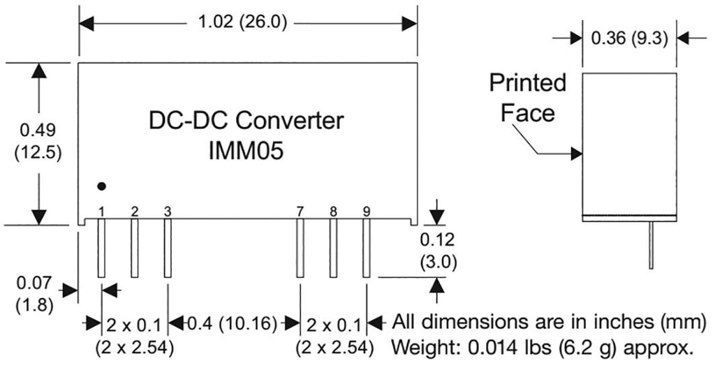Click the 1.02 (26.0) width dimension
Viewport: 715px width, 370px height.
coord(244,22)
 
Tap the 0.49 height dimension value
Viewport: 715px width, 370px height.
coord(38,129)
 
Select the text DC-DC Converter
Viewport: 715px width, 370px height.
coord(246,121)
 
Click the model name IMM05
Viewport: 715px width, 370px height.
coord(247,151)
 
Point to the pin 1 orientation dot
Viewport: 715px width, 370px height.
coord(102,186)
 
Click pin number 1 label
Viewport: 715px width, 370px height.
coord(102,211)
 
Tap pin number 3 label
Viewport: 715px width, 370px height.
coord(168,211)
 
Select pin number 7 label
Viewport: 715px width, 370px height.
coord(300,211)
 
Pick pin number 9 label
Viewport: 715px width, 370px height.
coord(367,211)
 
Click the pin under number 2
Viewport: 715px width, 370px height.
coord(135,248)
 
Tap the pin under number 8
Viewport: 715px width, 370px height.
coord(333,248)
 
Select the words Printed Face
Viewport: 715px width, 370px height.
coord(527,98)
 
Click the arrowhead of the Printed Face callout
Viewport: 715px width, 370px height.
coord(577,154)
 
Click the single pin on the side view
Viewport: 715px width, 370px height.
coord(651,244)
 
